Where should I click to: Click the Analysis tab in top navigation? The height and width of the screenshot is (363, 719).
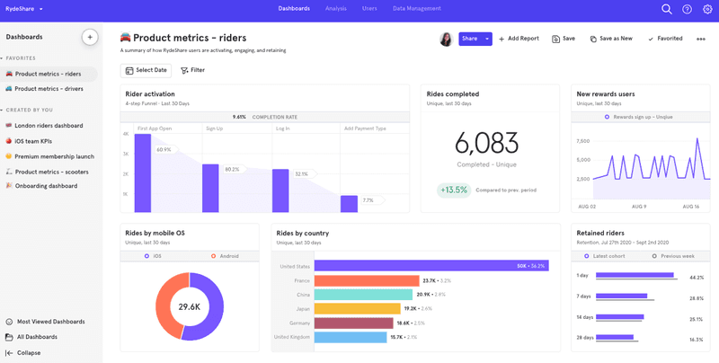(x=336, y=9)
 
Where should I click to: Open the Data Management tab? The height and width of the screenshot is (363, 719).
(x=416, y=9)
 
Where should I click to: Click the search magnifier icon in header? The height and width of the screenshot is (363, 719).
(x=667, y=9)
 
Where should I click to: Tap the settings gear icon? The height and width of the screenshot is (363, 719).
(x=707, y=9)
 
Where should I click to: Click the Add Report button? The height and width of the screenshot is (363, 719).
(x=519, y=39)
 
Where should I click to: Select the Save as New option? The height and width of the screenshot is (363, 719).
(x=611, y=39)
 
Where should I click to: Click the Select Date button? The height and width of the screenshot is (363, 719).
(x=146, y=70)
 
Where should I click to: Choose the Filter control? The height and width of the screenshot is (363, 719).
(x=192, y=70)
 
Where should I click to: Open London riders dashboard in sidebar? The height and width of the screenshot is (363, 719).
(x=49, y=126)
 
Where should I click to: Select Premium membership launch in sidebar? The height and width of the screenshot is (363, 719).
(x=54, y=156)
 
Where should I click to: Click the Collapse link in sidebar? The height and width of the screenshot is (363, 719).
(x=29, y=353)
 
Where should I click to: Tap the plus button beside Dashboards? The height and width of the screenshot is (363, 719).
(x=89, y=37)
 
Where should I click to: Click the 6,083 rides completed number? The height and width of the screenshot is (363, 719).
(x=486, y=143)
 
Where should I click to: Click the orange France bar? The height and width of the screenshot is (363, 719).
(x=367, y=280)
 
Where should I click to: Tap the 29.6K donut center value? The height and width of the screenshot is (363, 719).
(x=189, y=306)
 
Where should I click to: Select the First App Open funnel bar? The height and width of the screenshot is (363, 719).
(x=141, y=172)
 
